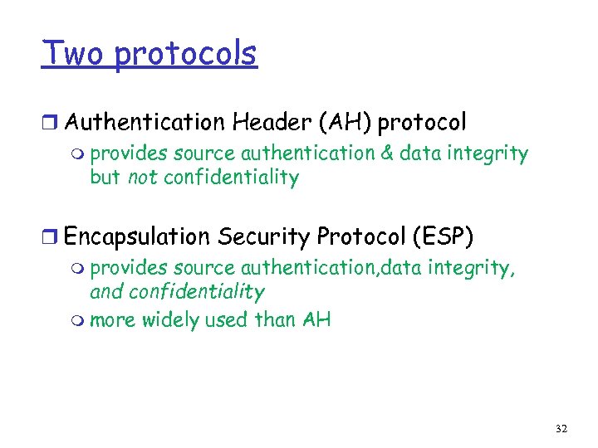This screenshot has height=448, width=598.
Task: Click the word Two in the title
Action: click(74, 54)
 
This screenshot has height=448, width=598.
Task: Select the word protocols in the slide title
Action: click(185, 55)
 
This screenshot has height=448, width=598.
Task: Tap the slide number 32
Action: click(561, 428)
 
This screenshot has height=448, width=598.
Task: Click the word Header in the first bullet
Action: click(271, 123)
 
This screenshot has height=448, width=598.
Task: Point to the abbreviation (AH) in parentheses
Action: click(344, 123)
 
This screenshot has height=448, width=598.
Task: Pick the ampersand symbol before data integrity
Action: click(386, 153)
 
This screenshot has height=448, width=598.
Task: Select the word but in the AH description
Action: click(105, 177)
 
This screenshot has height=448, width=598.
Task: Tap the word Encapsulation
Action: click(137, 237)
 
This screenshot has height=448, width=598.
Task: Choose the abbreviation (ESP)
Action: click(441, 237)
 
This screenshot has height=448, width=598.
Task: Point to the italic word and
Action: click(105, 291)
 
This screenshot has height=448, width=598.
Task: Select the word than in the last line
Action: click(273, 319)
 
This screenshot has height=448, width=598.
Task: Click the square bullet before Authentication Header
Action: click(51, 124)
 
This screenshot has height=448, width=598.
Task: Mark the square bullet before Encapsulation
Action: click(51, 238)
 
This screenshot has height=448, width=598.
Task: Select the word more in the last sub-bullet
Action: click(110, 319)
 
